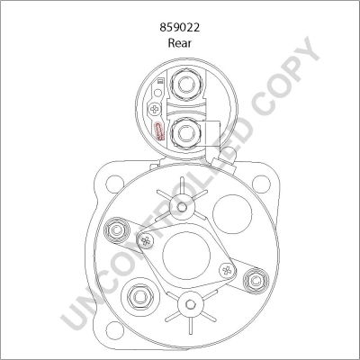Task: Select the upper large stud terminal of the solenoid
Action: pos(187,88)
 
